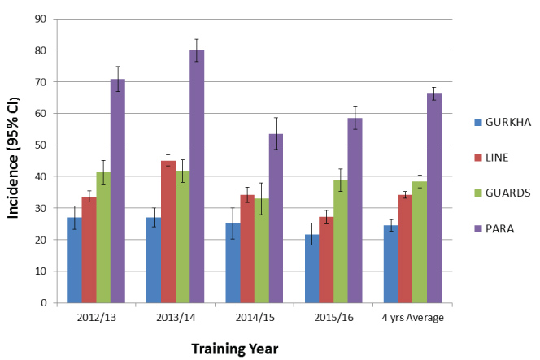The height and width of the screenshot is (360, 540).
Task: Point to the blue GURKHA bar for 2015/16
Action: pyautogui.click(x=311, y=268)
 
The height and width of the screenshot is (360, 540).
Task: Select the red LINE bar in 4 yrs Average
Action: pyautogui.click(x=404, y=249)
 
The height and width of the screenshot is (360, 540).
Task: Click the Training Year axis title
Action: pyautogui.click(x=235, y=349)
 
